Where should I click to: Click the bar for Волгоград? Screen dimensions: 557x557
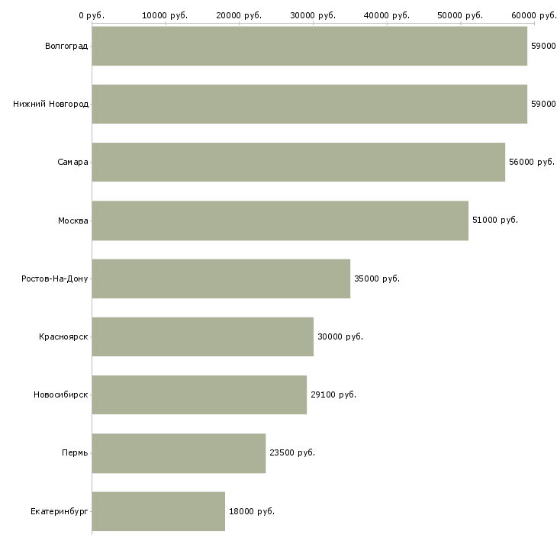pos(309,46)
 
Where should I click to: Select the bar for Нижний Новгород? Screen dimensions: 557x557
pos(309,104)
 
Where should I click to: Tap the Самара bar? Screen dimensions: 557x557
pos(298,162)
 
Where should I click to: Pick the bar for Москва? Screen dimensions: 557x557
pos(280,221)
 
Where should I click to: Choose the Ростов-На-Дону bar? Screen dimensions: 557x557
pos(221,278)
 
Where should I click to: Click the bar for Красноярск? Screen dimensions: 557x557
pos(202,336)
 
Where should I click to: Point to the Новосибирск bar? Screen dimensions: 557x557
pos(199,394)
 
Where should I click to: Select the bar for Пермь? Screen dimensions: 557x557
pos(179,453)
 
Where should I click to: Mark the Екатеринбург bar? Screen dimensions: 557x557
pos(158,511)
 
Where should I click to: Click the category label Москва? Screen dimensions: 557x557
pos(73,221)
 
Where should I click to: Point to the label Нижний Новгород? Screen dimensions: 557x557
pos(50,104)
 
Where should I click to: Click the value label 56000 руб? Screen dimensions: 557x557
pos(532,162)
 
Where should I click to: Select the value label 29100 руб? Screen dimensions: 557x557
pos(333,394)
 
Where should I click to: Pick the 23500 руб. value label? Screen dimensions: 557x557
pos(292,453)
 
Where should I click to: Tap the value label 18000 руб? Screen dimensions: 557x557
pos(252,511)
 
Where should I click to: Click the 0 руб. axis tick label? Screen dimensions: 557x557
pos(92,15)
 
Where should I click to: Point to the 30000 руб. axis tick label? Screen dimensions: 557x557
pos(313,15)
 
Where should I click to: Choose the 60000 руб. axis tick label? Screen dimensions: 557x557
pos(534,15)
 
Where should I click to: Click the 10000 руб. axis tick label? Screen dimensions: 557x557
pos(166,15)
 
